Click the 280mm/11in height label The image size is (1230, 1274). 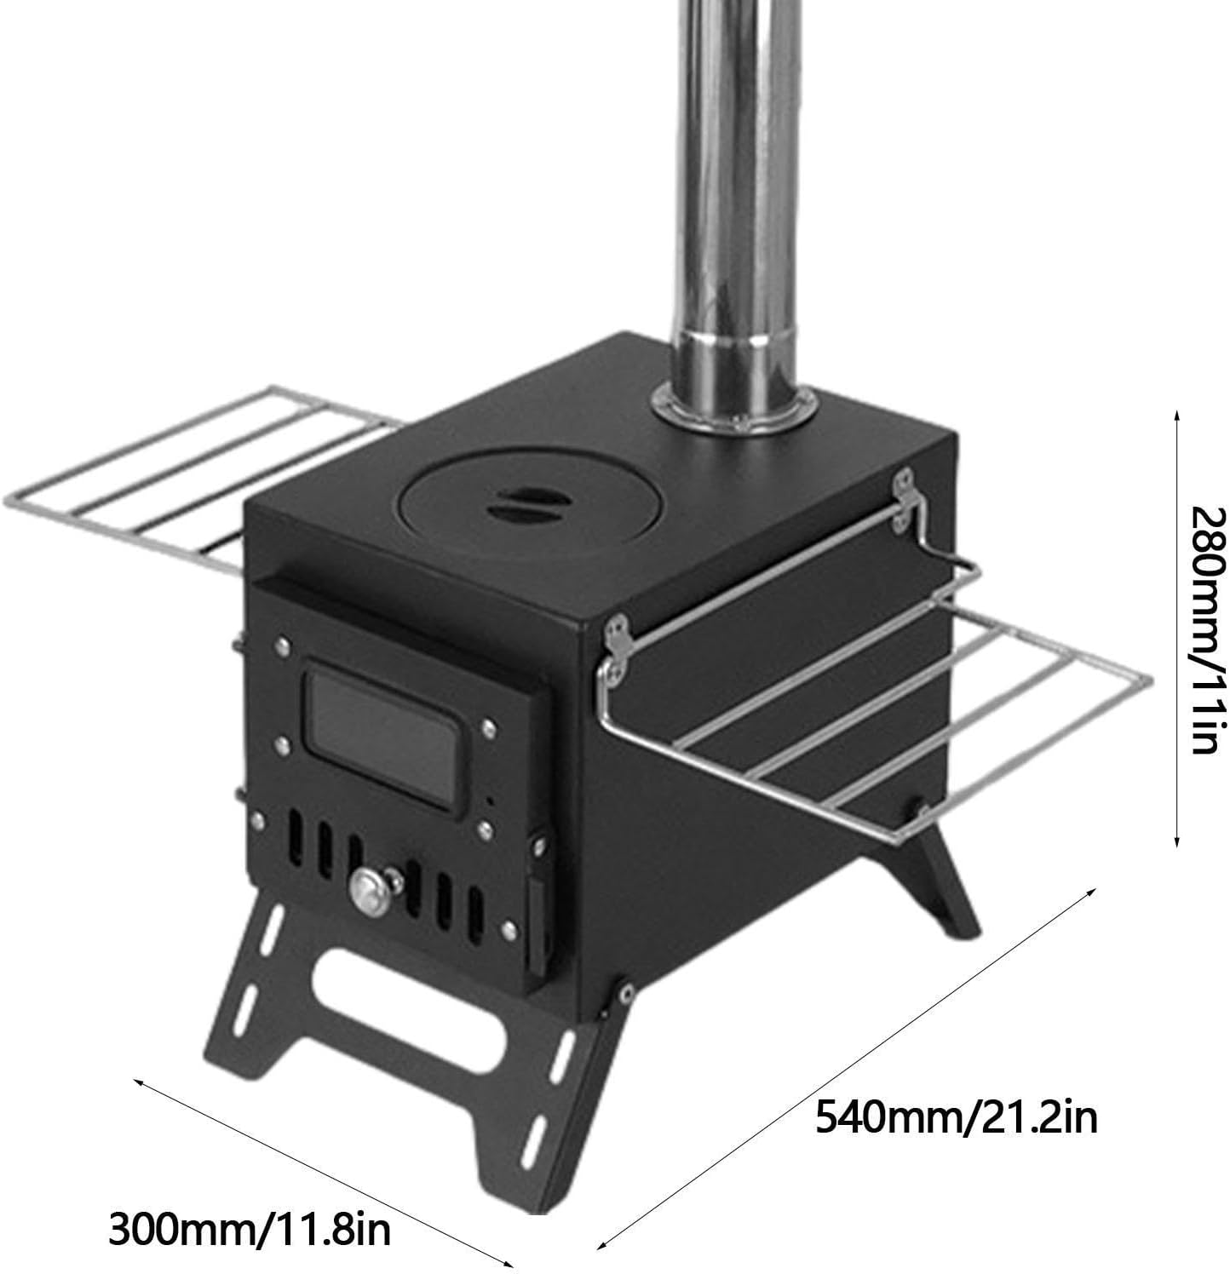click(x=1207, y=631)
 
